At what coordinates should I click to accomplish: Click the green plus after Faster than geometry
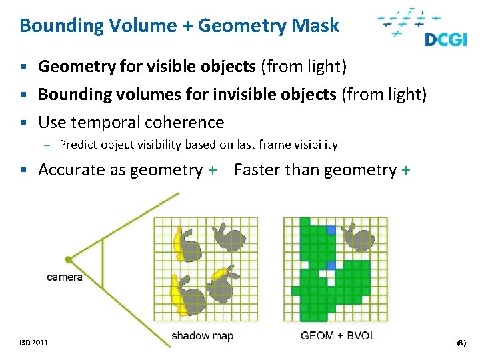point(406,171)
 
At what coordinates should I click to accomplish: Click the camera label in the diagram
point(65,277)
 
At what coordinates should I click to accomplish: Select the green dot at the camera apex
point(69,259)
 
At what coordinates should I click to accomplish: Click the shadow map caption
point(203,335)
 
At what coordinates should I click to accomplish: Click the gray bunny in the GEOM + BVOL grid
point(358,237)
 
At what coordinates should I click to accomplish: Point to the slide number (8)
point(460,343)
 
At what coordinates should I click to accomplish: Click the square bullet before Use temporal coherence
point(24,123)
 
